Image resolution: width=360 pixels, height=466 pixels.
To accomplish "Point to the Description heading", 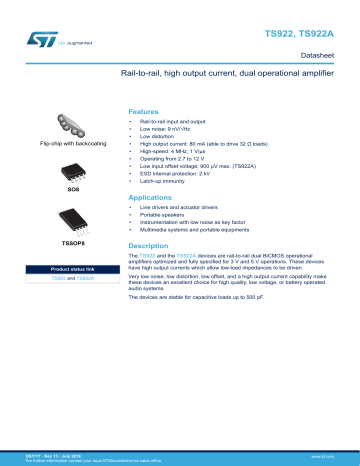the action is point(151,245).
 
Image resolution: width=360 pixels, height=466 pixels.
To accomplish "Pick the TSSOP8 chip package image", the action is point(73,219).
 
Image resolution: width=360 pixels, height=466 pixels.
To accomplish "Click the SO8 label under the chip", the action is point(73,189).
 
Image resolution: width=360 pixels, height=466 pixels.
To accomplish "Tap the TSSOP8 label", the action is point(73,242).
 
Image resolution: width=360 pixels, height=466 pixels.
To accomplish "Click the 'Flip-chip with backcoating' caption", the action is point(73,145).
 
